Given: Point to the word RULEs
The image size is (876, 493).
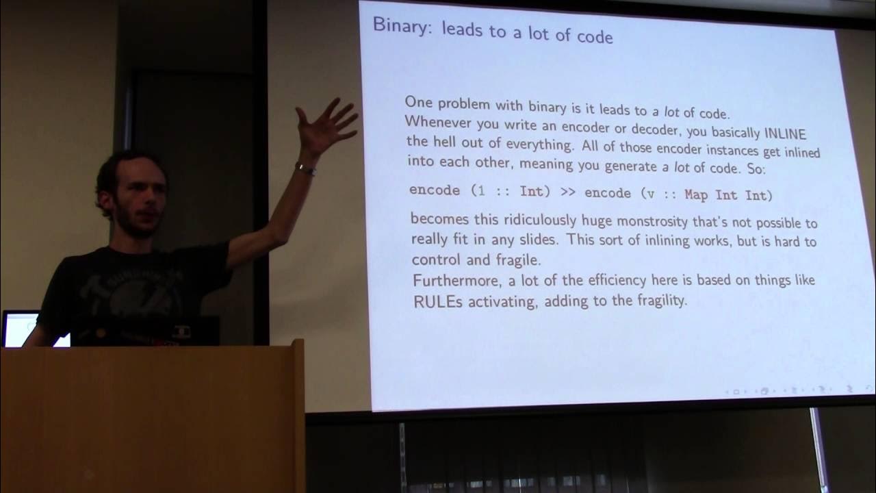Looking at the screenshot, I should pyautogui.click(x=438, y=301).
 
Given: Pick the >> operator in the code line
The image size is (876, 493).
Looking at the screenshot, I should pyautogui.click(x=567, y=192).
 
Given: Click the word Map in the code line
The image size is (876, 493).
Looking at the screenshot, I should pyautogui.click(x=696, y=194).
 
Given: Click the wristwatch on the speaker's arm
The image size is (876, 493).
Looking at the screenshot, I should pyautogui.click(x=305, y=168).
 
